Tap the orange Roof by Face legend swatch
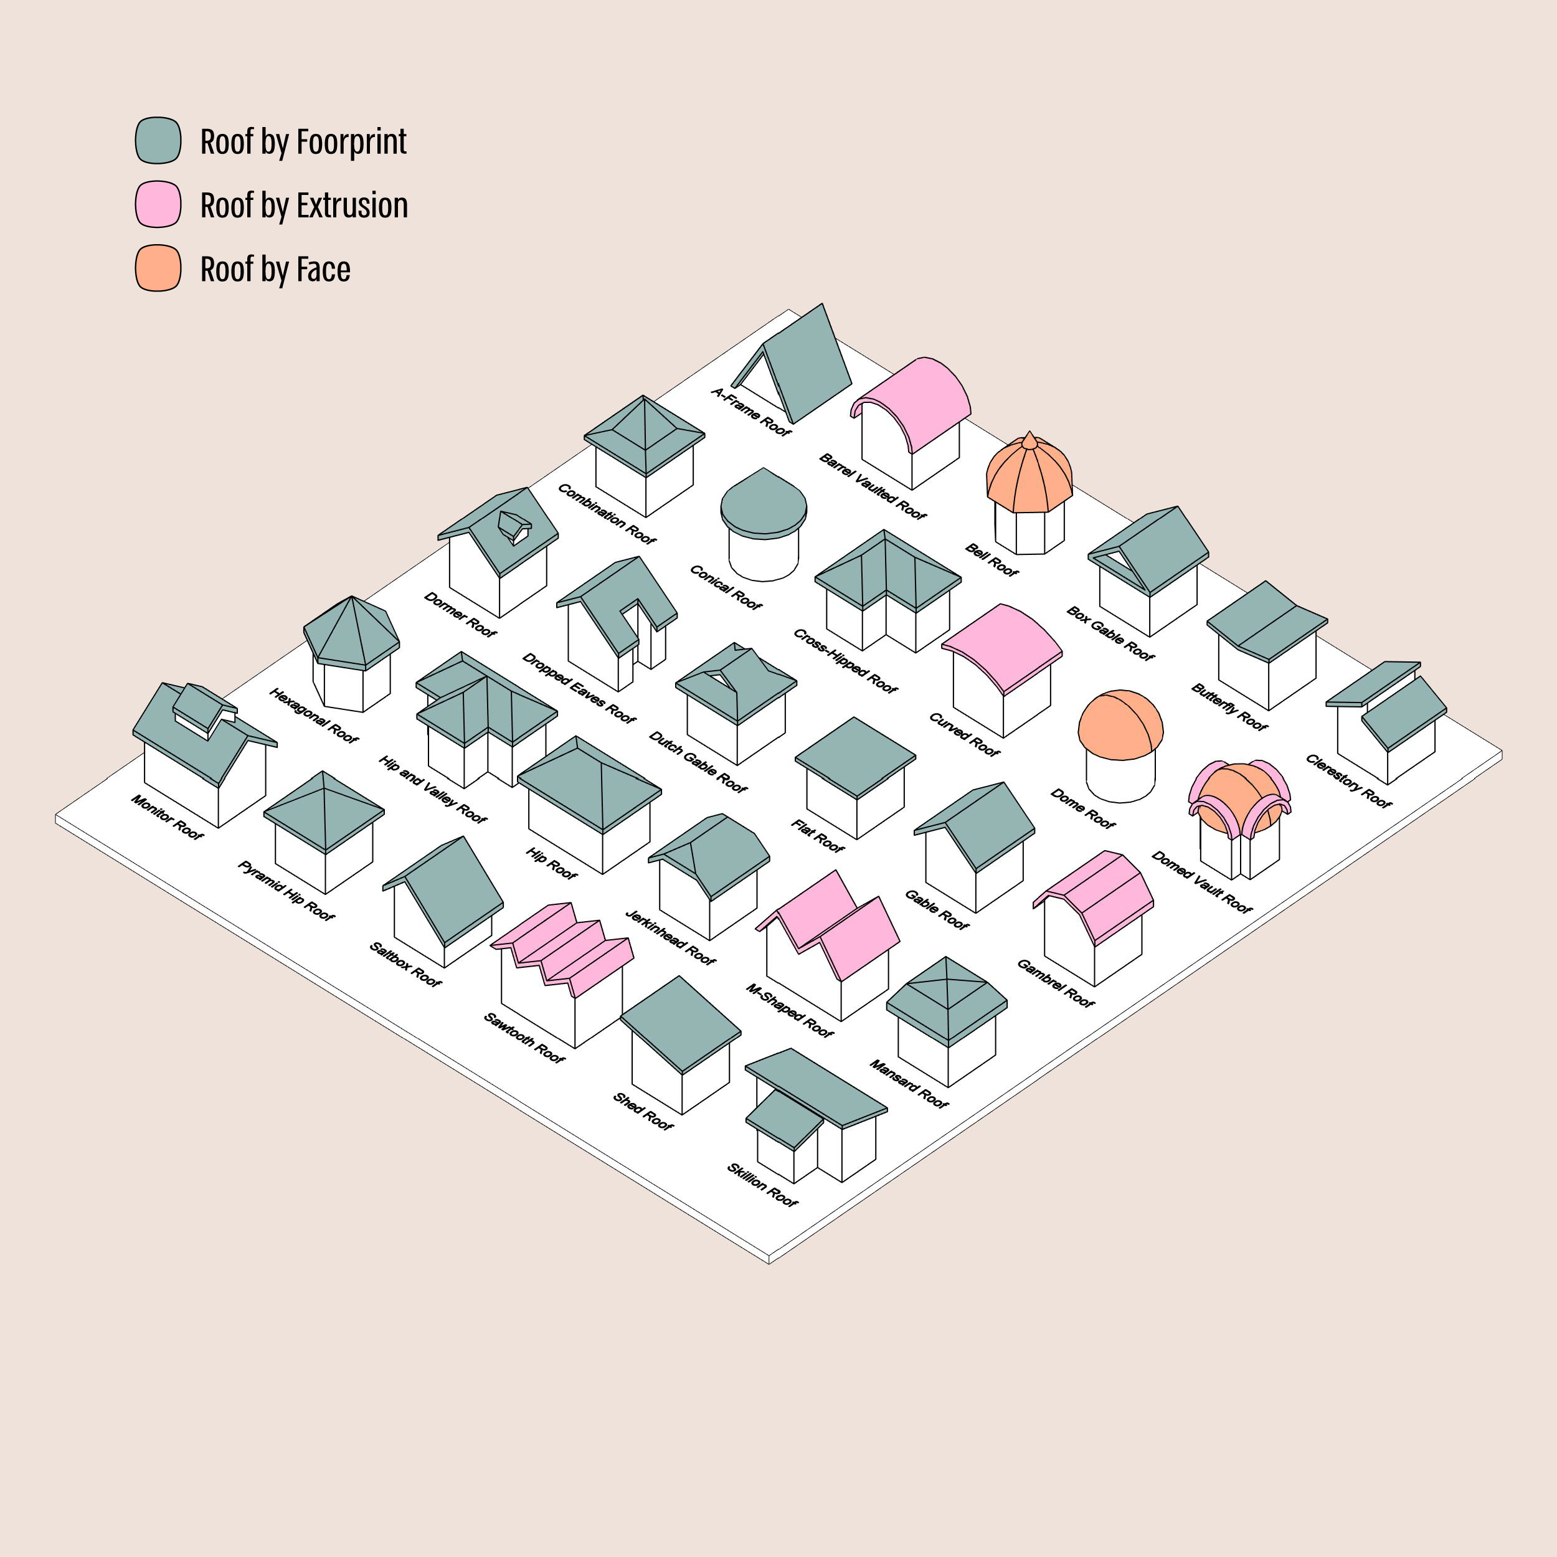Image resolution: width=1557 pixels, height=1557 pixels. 158,268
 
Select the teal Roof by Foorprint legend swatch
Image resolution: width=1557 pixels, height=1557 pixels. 158,140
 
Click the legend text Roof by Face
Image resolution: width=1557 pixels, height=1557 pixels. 275,269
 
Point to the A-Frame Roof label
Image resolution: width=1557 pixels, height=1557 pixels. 751,412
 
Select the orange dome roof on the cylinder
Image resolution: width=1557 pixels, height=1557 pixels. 1120,721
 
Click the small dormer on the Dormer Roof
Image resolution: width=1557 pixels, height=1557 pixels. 513,526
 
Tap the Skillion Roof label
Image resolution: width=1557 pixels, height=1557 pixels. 762,1185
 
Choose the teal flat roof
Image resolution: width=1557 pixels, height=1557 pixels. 855,757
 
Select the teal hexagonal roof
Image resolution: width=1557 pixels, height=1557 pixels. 351,633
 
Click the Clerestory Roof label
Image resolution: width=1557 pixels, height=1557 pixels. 1348,780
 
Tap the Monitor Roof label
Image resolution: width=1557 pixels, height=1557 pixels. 167,816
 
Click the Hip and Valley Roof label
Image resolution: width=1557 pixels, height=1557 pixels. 432,790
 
